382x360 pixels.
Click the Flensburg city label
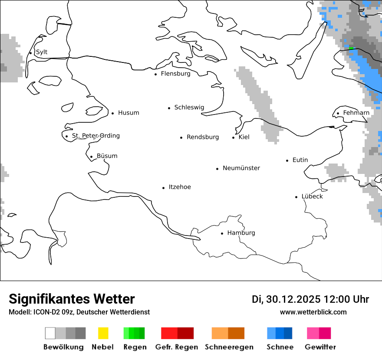point(175,74)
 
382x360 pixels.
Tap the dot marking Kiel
point(234,137)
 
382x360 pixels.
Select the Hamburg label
point(241,233)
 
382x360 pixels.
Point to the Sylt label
point(42,52)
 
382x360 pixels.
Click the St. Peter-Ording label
point(95,136)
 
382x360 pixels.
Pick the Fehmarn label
point(356,113)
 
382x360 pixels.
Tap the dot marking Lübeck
point(296,197)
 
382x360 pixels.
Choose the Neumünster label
point(241,168)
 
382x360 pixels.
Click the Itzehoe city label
point(180,187)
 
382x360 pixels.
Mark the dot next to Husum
point(112,113)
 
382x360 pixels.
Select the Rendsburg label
point(203,137)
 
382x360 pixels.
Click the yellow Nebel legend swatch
point(103,333)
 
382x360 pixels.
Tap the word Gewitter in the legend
point(320,347)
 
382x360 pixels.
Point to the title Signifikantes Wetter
point(72,299)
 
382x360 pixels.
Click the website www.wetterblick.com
point(313,312)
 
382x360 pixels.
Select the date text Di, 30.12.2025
point(286,299)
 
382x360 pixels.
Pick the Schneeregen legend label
point(229,347)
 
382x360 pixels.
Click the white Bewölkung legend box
point(50,333)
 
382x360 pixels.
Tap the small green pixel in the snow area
point(352,49)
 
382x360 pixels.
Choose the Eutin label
point(300,160)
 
